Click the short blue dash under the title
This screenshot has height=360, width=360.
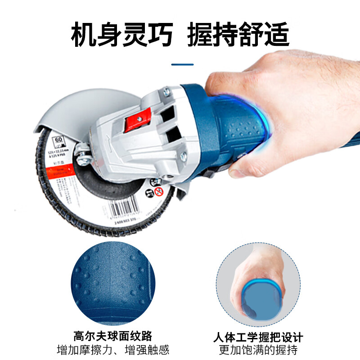[x=182, y=64]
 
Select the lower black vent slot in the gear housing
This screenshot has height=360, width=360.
[x=173, y=135]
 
